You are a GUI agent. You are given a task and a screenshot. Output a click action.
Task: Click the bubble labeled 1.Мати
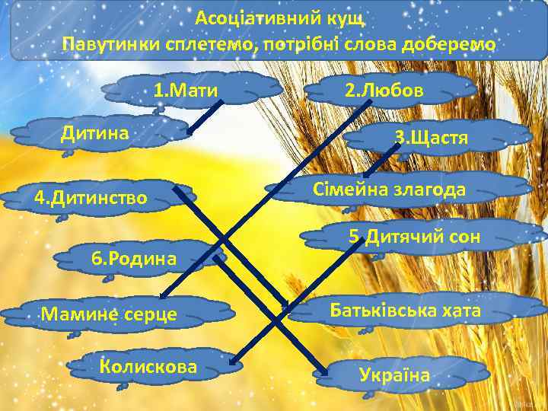click(x=186, y=91)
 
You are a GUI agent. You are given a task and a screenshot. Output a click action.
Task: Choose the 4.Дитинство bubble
click(x=91, y=199)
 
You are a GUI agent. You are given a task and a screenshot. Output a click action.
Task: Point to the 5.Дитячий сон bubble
click(x=415, y=237)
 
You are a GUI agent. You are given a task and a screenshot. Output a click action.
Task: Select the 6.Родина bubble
click(x=134, y=258)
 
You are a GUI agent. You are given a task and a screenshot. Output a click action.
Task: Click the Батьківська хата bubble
click(x=405, y=311)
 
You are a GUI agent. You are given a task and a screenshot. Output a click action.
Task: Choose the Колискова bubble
click(x=148, y=367)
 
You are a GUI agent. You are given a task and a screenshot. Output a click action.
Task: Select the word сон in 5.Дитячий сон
click(x=464, y=237)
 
